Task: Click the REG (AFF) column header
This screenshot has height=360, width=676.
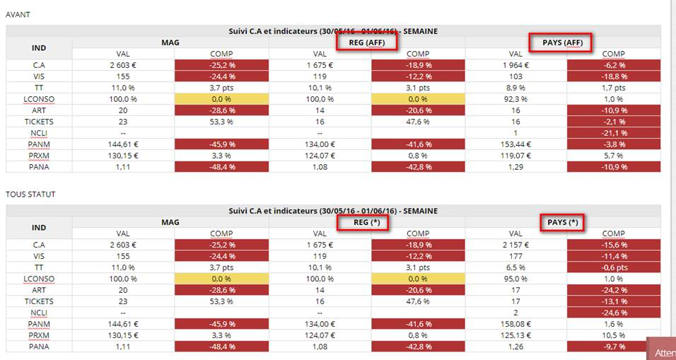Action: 367,42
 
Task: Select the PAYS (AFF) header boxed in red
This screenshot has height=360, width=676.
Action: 563,42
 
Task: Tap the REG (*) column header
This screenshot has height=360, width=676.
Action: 367,222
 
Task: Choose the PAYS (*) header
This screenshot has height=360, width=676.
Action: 563,222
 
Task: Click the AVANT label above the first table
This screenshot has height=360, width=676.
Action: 18,14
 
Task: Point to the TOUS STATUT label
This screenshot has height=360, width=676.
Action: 30,194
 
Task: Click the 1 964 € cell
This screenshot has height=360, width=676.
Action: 515,65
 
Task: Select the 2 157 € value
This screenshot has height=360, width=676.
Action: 515,245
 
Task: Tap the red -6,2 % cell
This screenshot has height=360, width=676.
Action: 613,65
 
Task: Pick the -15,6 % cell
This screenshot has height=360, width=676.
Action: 613,245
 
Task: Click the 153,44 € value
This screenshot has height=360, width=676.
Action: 515,144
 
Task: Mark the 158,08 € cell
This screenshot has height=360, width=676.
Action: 515,324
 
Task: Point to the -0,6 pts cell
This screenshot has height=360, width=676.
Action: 613,267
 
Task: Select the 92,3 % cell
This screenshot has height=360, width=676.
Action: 515,99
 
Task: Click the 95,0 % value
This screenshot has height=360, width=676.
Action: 515,279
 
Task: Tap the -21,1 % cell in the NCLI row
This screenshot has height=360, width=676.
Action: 613,133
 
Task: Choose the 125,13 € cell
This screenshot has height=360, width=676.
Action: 515,335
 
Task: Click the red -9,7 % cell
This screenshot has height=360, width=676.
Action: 613,347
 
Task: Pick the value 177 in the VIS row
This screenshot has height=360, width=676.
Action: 515,256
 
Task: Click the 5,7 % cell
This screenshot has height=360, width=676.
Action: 613,156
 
